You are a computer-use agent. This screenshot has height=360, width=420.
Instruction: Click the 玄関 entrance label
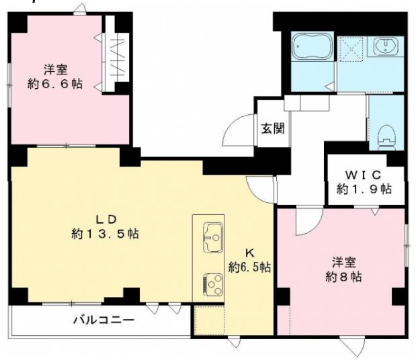click(272, 127)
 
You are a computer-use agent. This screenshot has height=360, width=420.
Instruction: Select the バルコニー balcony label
click(103, 320)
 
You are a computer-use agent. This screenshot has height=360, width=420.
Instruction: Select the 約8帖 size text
click(343, 276)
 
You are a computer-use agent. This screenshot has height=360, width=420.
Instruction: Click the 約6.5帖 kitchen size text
click(249, 267)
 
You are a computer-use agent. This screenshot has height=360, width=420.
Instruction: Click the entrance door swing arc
click(235, 131)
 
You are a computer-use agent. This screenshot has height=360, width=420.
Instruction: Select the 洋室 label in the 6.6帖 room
click(56, 70)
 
